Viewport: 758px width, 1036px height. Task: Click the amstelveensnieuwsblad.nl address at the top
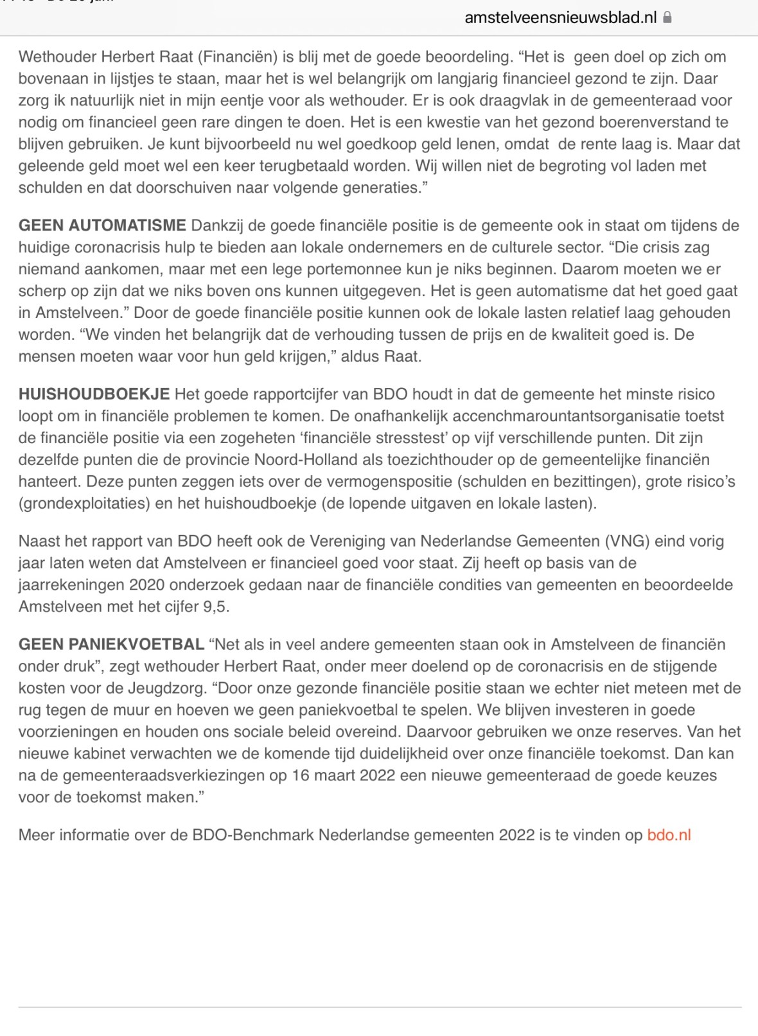[x=560, y=17]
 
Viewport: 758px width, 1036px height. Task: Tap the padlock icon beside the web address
[x=667, y=17]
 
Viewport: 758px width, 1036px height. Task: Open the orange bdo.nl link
[x=669, y=835]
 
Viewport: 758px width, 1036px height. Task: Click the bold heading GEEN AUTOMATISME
[x=102, y=225]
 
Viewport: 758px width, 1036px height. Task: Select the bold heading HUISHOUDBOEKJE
[x=94, y=394]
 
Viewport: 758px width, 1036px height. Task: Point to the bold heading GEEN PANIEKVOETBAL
[x=111, y=644]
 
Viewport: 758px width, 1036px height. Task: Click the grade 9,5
[x=216, y=606]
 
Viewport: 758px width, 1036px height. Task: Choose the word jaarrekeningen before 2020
[x=71, y=584]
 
